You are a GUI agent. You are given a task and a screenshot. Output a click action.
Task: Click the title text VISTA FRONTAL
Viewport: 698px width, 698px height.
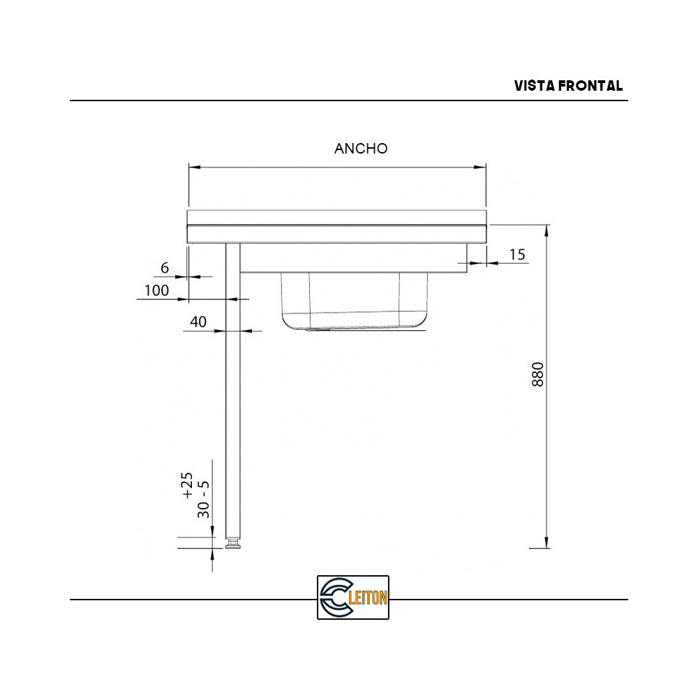click(x=568, y=86)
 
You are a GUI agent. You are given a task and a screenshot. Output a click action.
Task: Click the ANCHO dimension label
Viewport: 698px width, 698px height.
click(x=361, y=149)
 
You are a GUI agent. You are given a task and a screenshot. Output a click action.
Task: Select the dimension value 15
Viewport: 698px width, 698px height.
click(x=517, y=255)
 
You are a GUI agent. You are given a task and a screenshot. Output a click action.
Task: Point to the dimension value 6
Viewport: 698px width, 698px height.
click(x=165, y=268)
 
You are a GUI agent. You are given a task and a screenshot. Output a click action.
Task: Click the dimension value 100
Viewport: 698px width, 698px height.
click(x=156, y=290)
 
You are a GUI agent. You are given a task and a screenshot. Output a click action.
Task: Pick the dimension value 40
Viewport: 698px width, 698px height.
click(x=198, y=322)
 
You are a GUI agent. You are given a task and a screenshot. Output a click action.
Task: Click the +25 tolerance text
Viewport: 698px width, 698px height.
click(x=187, y=485)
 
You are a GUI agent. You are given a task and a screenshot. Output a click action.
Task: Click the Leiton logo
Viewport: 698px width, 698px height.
click(x=352, y=597)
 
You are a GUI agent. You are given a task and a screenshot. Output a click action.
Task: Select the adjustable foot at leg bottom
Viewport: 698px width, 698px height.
click(x=233, y=542)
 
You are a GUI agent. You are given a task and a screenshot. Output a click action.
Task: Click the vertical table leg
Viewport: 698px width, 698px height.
click(x=233, y=391)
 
